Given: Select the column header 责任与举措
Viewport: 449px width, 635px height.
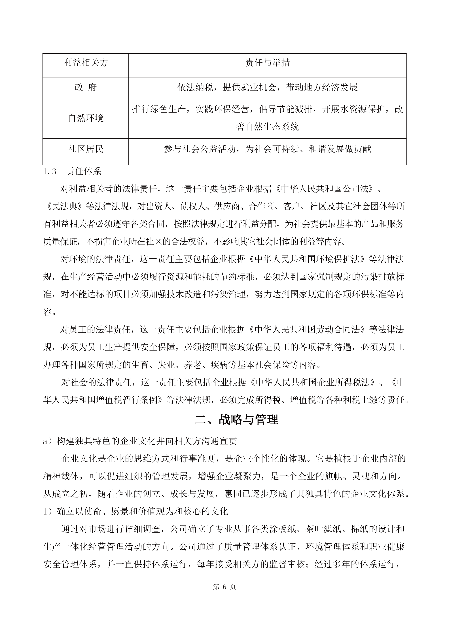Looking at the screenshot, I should pyautogui.click(x=267, y=63).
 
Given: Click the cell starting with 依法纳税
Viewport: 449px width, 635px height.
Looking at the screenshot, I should pyautogui.click(x=267, y=88).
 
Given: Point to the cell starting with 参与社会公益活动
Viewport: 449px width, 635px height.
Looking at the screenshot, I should pyautogui.click(x=267, y=149).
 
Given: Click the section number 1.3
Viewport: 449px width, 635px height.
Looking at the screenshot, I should pyautogui.click(x=50, y=172).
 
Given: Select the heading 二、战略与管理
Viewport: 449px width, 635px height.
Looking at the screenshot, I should pyautogui.click(x=236, y=419).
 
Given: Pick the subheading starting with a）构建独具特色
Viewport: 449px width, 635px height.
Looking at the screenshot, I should pyautogui.click(x=140, y=441).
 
